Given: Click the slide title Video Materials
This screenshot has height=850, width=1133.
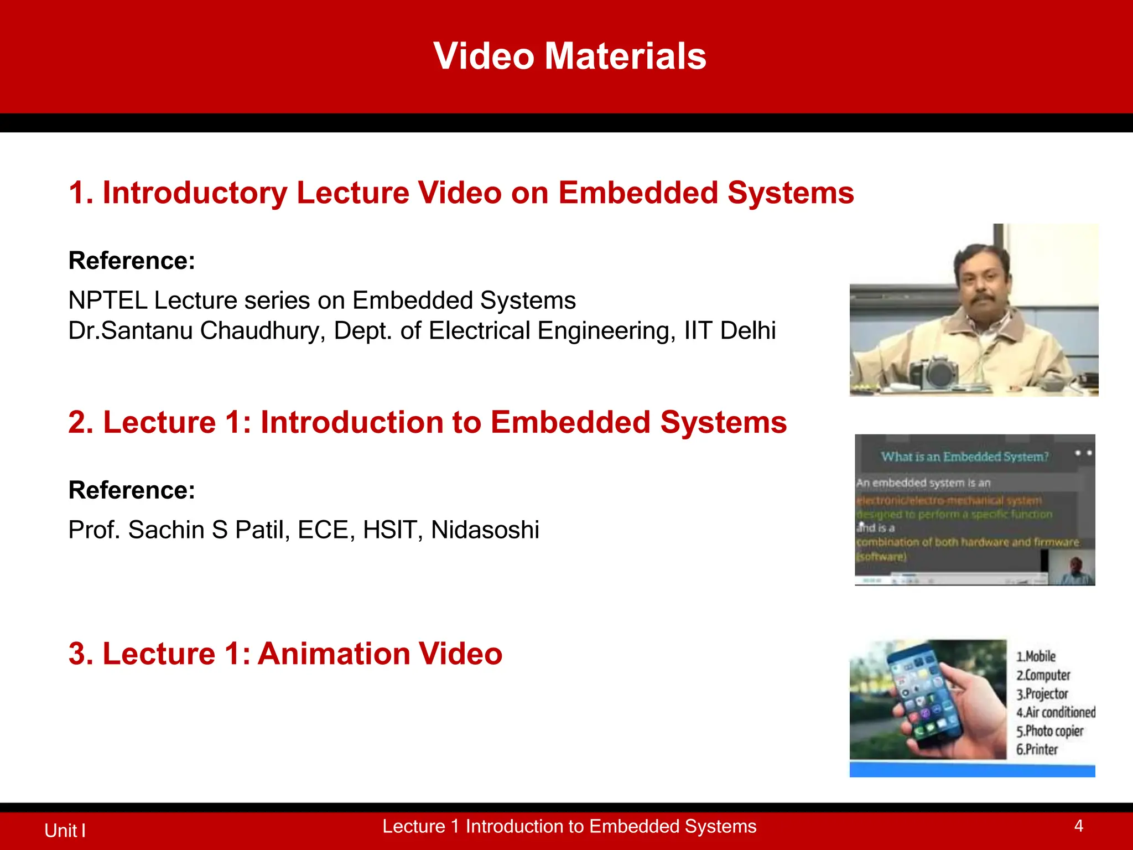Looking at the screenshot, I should (x=570, y=56).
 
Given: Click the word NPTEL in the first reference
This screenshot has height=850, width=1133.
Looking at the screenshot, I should (x=108, y=300).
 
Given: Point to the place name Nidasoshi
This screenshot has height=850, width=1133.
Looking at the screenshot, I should (x=485, y=530).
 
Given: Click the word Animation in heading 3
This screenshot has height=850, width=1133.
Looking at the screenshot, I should (x=333, y=654).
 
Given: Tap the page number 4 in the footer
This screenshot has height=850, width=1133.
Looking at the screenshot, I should (x=1078, y=826).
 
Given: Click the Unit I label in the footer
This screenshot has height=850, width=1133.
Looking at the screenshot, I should (x=65, y=830).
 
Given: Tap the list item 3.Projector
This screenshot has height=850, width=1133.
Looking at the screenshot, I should (x=1042, y=693).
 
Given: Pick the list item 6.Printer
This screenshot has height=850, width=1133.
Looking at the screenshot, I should (x=1037, y=749).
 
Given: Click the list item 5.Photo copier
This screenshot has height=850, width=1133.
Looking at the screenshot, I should (x=1049, y=731).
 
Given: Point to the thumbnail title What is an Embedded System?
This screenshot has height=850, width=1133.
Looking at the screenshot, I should (x=964, y=457).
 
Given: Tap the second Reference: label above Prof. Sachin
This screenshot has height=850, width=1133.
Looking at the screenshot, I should (x=132, y=490).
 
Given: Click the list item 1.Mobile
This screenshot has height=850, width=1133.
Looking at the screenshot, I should (x=1036, y=656).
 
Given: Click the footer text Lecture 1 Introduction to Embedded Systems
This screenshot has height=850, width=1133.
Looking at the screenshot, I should (x=569, y=826).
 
